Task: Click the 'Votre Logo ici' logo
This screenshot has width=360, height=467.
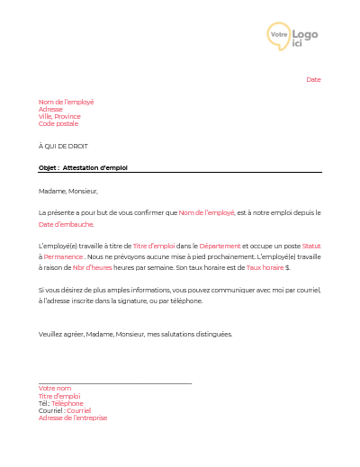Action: tap(293, 35)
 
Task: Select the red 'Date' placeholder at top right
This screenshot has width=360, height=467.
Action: tap(313, 80)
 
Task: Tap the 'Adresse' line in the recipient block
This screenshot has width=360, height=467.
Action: tap(50, 109)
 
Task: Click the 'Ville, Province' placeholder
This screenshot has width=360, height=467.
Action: tap(59, 116)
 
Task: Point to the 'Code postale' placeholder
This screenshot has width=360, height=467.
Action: tap(58, 123)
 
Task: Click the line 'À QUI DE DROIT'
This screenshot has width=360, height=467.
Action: tap(63, 146)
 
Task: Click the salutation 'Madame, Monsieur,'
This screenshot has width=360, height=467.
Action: tap(67, 191)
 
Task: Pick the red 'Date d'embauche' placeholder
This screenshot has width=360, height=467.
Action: tap(67, 223)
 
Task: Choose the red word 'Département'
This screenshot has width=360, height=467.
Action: tap(220, 246)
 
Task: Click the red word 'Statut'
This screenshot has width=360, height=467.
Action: tap(311, 246)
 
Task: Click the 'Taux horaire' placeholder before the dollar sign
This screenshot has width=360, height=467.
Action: tap(265, 268)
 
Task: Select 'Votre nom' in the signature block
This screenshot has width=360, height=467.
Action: tap(55, 389)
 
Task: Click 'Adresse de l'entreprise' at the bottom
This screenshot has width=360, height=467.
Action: tap(73, 418)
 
